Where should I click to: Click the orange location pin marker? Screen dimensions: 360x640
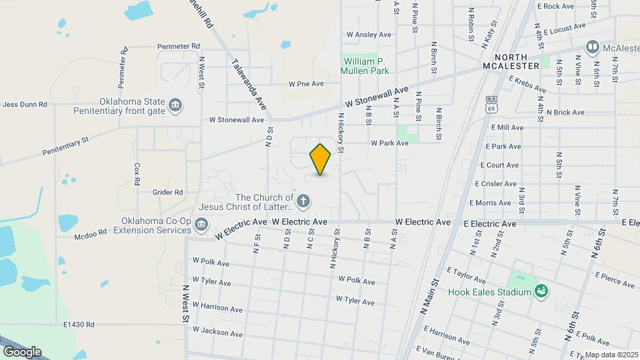[321, 159]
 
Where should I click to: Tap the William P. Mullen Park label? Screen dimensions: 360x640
[365, 65]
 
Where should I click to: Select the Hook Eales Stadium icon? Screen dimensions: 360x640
[541, 291]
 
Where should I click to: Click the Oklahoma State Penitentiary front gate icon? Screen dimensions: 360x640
[176, 105]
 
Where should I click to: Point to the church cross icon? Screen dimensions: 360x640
[303, 201]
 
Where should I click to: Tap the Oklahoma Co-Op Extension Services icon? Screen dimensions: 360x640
[201, 225]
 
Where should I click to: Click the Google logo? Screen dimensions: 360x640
[22, 351]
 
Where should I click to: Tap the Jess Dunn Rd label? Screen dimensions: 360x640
[25, 105]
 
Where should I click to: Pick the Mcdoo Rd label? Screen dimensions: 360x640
[91, 233]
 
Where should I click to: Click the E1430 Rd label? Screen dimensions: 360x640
[79, 325]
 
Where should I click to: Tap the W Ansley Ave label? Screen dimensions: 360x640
[369, 35]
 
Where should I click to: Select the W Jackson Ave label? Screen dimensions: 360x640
[217, 333]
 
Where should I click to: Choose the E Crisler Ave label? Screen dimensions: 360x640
[496, 184]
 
